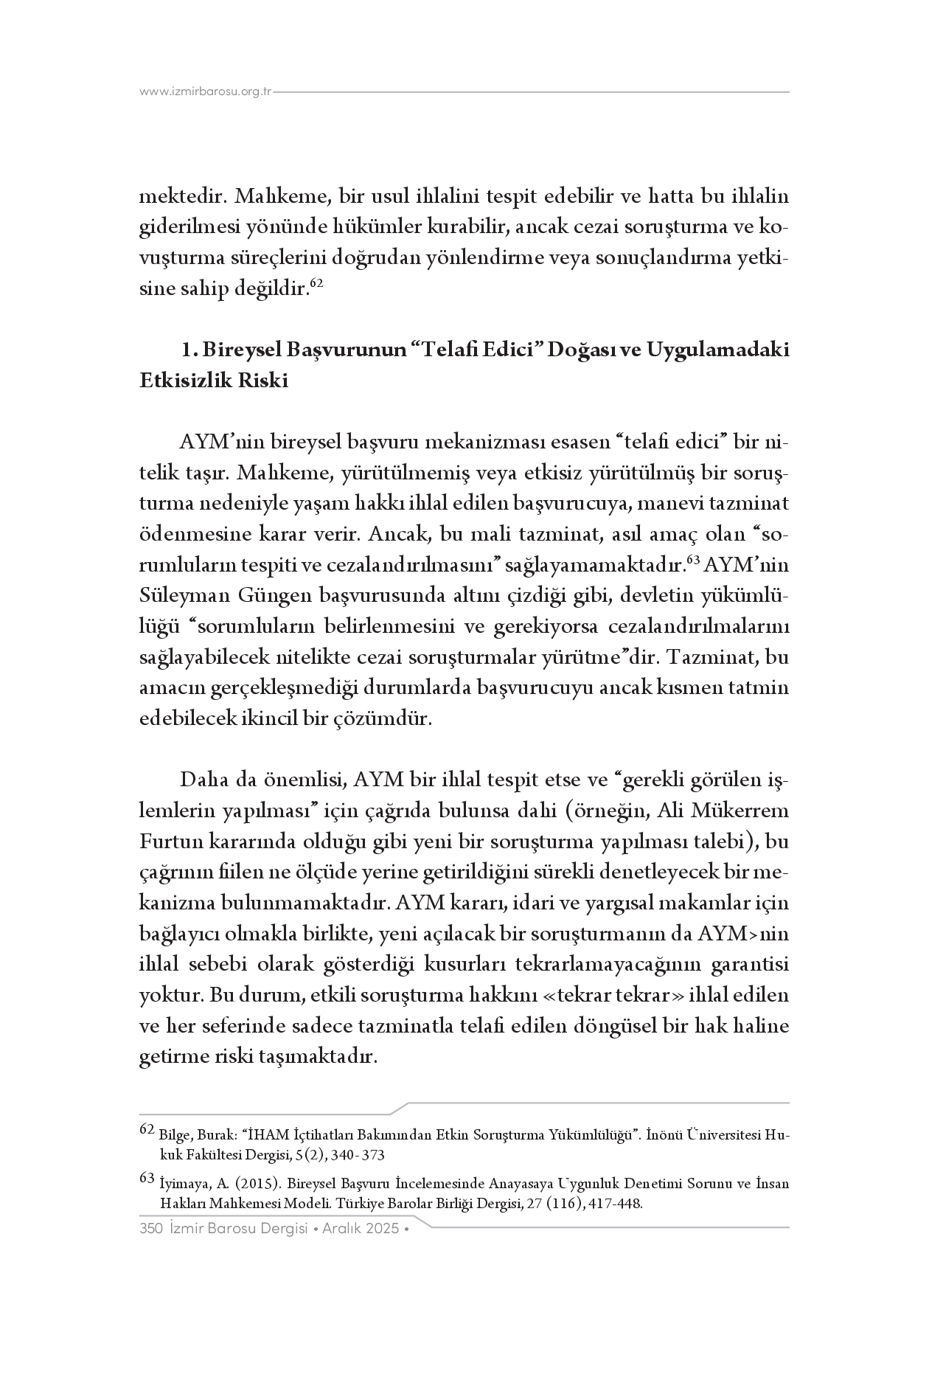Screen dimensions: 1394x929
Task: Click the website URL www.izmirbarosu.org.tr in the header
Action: [206, 92]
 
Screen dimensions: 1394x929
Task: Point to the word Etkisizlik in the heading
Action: [181, 381]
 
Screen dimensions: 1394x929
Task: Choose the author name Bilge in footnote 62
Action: [172, 1135]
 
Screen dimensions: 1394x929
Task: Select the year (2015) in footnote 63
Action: [258, 1185]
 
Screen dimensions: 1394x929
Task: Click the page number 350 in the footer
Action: [150, 1229]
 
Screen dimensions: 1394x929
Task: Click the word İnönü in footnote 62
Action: [664, 1135]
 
